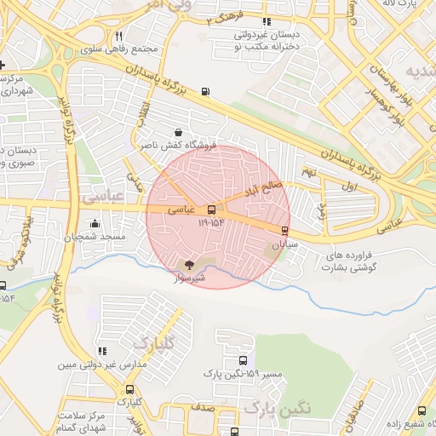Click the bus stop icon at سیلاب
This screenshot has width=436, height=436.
[284, 230]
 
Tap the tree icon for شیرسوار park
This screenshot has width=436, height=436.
[188, 266]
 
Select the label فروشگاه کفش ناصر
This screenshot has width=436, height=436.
[181, 146]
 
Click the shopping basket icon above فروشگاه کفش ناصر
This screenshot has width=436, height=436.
[178, 132]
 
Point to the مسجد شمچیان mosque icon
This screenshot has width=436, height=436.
[95, 223]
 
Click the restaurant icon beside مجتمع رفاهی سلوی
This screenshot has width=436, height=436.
[119, 36]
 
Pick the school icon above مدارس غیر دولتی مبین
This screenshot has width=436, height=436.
[102, 351]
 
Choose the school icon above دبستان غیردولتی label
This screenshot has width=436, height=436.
[267, 22]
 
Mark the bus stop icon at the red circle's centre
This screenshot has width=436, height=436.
[211, 208]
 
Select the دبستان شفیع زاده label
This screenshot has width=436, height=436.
[404, 426]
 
